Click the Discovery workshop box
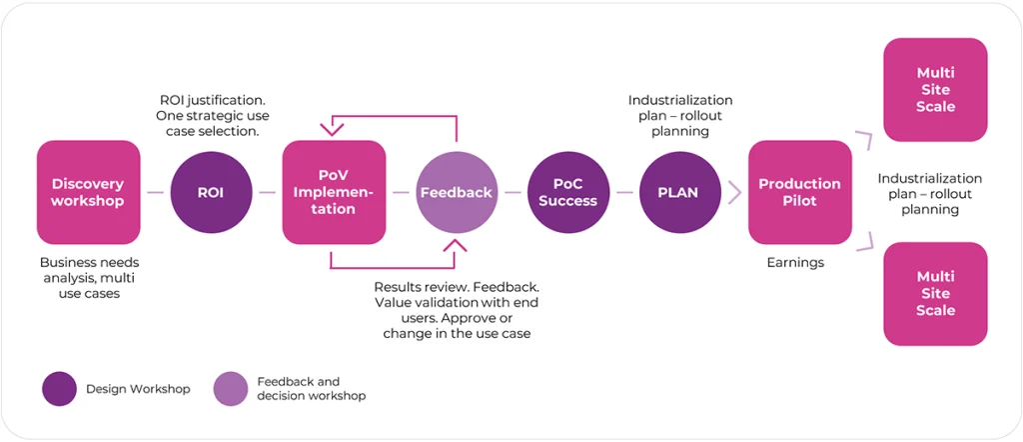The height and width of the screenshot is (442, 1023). pyautogui.click(x=88, y=192)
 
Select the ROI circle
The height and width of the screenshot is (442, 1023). pyautogui.click(x=212, y=192)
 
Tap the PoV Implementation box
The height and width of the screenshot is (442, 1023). pyautogui.click(x=334, y=192)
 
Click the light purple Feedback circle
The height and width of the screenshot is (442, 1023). pyautogui.click(x=457, y=192)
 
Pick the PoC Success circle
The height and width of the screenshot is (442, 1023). pyautogui.click(x=567, y=192)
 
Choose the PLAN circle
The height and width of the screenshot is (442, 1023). pyautogui.click(x=680, y=192)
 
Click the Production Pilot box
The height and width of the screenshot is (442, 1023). pyautogui.click(x=799, y=192)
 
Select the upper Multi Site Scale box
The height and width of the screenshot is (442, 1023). pyautogui.click(x=935, y=90)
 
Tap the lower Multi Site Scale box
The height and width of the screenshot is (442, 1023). pyautogui.click(x=935, y=294)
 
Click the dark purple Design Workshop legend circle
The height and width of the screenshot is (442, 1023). pyautogui.click(x=60, y=389)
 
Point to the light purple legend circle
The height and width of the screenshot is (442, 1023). pyautogui.click(x=231, y=389)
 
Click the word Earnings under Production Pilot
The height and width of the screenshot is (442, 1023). pyautogui.click(x=794, y=261)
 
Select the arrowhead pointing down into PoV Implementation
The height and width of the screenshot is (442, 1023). pyautogui.click(x=333, y=127)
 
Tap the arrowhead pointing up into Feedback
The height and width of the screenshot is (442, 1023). pyautogui.click(x=456, y=245)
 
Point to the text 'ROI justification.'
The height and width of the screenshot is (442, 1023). pyautogui.click(x=214, y=101)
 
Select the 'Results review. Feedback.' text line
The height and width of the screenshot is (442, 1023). pyautogui.click(x=457, y=286)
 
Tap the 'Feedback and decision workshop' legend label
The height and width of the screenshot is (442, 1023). pyautogui.click(x=311, y=389)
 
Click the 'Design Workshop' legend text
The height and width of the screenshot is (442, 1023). pyautogui.click(x=138, y=389)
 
